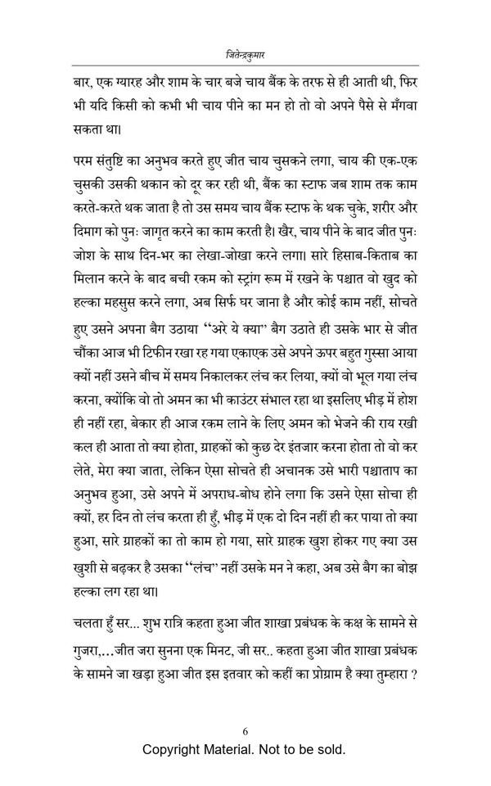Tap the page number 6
tap(245, 730)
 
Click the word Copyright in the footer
tap(175, 750)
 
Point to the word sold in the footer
tap(331, 750)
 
